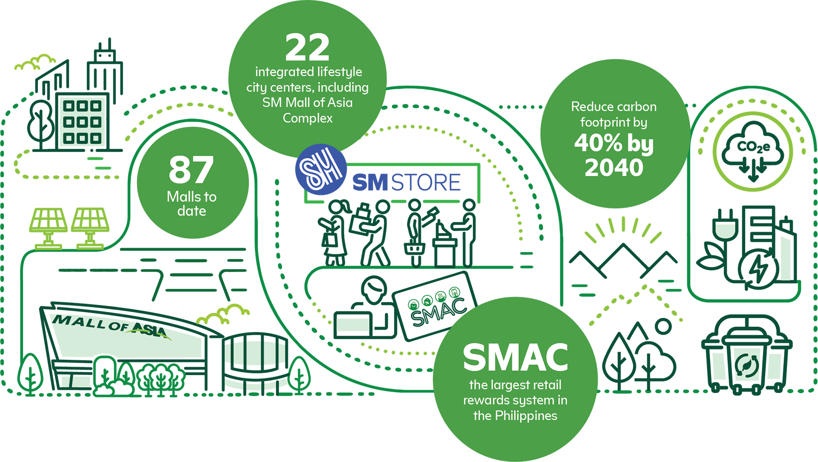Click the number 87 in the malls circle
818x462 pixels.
[x=191, y=169]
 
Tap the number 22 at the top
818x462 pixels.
[x=307, y=48]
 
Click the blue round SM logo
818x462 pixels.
[x=320, y=169]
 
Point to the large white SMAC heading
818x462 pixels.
[x=516, y=358]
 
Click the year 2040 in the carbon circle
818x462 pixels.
[x=614, y=168]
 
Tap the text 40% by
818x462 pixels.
[x=613, y=143]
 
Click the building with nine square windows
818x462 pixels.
[x=82, y=122]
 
